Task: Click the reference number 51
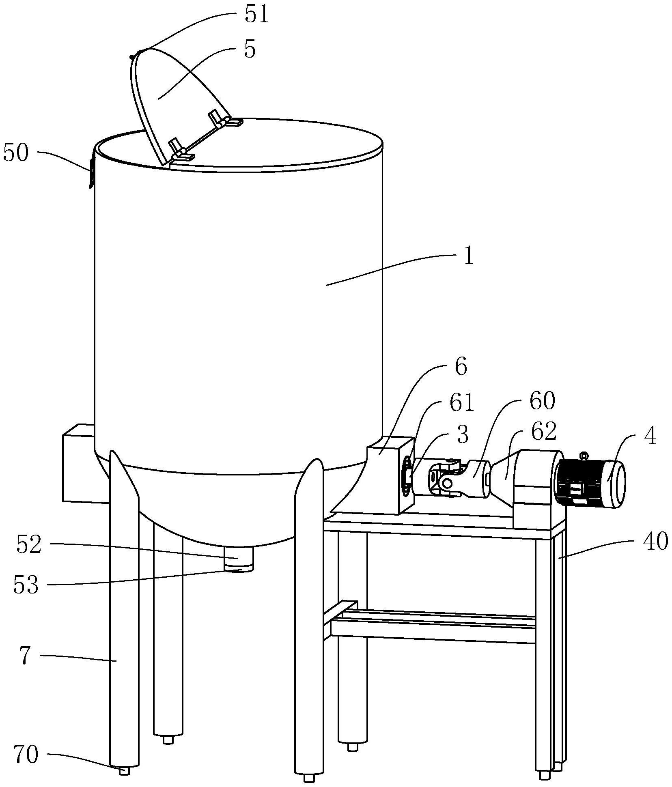257,15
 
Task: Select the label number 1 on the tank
469,257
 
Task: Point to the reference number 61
461,404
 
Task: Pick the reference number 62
544,432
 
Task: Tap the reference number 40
655,542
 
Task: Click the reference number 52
29,545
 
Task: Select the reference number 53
26,585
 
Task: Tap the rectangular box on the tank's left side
78,462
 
